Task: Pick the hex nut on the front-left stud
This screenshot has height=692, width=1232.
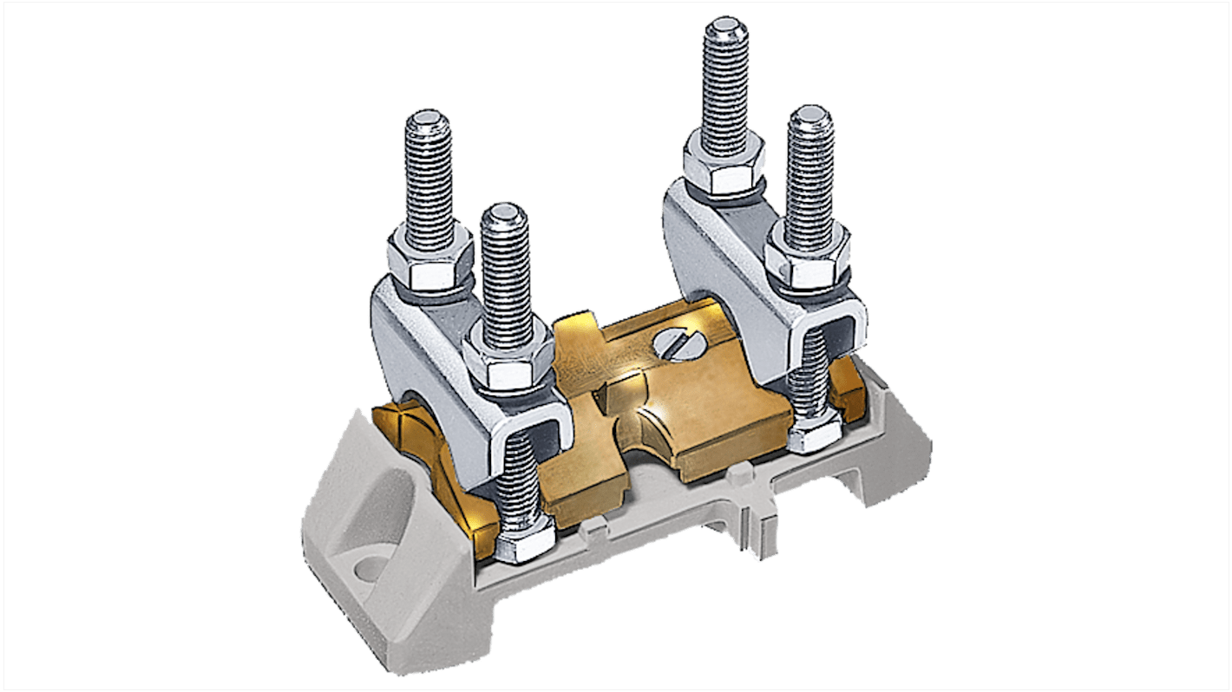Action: [x=508, y=361]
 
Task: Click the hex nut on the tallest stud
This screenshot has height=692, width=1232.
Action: [x=722, y=166]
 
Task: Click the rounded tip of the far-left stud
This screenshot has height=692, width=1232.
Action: [x=428, y=121]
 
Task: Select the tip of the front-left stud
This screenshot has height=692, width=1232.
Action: [x=504, y=213]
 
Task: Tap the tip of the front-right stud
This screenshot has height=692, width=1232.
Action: [x=810, y=117]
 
